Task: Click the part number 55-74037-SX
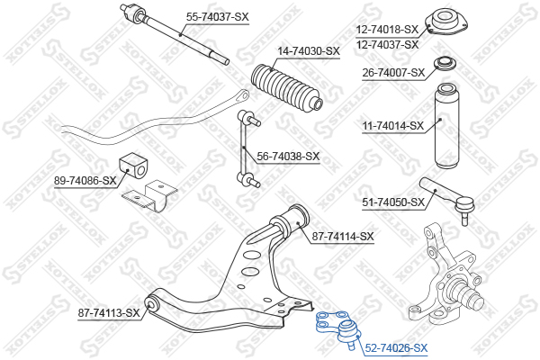(x=217, y=16)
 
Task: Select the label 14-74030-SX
(x=309, y=51)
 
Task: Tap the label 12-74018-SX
(x=387, y=30)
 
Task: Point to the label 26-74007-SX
(x=393, y=73)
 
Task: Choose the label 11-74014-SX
(x=393, y=126)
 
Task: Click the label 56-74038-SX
(x=288, y=157)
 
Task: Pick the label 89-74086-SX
(x=85, y=181)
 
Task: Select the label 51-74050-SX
(x=393, y=202)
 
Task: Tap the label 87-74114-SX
(x=343, y=237)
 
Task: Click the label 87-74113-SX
(x=109, y=313)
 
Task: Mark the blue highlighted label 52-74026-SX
(x=396, y=348)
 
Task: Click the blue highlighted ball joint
(x=339, y=328)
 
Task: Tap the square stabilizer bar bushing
(x=133, y=166)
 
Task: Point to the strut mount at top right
(x=446, y=22)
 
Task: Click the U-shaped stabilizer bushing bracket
(x=149, y=195)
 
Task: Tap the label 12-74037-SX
(x=387, y=45)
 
